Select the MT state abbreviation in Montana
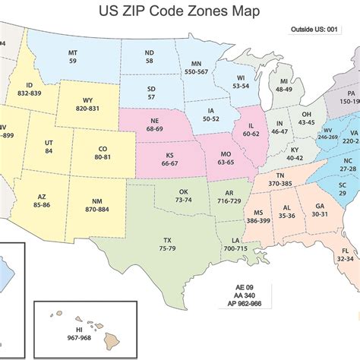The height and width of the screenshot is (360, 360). pyautogui.click(x=73, y=52)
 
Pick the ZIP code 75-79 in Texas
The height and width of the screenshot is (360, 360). pyautogui.click(x=168, y=248)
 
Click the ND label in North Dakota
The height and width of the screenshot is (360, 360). pyautogui.click(x=149, y=52)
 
